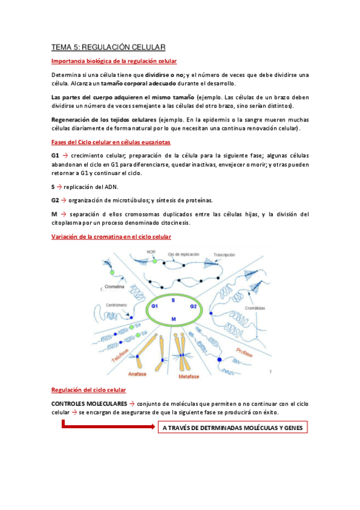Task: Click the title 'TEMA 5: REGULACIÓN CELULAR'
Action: pyautogui.click(x=108, y=46)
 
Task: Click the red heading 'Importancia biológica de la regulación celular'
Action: pyautogui.click(x=114, y=61)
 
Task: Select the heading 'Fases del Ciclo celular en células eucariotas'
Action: pyautogui.click(x=111, y=143)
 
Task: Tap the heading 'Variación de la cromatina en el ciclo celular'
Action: pyautogui.click(x=111, y=236)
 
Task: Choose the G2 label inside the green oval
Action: pyautogui.click(x=194, y=306)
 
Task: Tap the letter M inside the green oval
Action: pyautogui.click(x=174, y=318)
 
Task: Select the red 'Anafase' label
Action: pyautogui.click(x=138, y=373)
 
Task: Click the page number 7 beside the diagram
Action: pyautogui.click(x=271, y=372)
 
